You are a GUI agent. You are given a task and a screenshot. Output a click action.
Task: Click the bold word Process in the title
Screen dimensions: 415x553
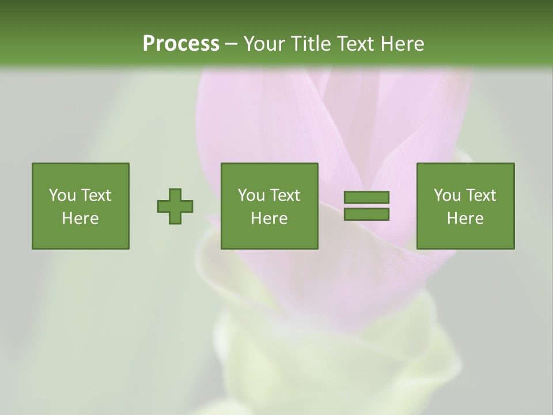[181, 44]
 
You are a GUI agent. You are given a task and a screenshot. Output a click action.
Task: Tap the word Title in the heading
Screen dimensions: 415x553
[311, 44]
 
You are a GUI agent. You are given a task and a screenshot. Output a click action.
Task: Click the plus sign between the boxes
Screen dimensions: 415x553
[175, 206]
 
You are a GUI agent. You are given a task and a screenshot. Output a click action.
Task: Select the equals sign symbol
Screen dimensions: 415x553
[366, 206]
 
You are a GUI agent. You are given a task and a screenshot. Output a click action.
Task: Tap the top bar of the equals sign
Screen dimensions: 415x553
[366, 198]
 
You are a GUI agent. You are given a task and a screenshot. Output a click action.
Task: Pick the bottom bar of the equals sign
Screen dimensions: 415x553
[366, 214]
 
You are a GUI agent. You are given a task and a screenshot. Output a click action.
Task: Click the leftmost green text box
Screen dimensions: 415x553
[81, 206]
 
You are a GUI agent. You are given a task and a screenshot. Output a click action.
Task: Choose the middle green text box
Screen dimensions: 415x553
[269, 206]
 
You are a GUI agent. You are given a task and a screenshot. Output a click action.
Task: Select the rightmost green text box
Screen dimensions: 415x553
[465, 206]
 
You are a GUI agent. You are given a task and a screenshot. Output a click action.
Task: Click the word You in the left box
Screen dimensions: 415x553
[62, 195]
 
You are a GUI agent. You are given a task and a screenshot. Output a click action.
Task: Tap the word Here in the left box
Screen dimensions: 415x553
[81, 218]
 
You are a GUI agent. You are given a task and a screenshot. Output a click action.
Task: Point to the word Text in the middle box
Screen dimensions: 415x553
[286, 195]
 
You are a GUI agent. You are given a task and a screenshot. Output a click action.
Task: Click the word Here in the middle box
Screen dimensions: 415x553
[269, 218]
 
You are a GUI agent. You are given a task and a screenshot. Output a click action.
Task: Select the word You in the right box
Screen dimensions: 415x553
[447, 195]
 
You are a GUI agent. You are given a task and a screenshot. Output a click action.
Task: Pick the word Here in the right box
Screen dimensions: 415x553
[465, 218]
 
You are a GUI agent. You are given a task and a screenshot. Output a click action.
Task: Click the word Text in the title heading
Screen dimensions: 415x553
[355, 44]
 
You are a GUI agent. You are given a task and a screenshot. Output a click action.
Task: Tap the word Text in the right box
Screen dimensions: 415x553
[482, 195]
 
